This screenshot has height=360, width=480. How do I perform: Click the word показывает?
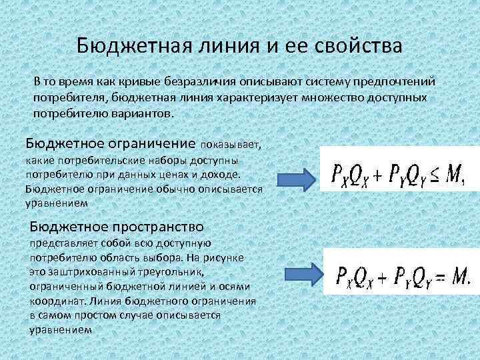coord(230,144)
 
